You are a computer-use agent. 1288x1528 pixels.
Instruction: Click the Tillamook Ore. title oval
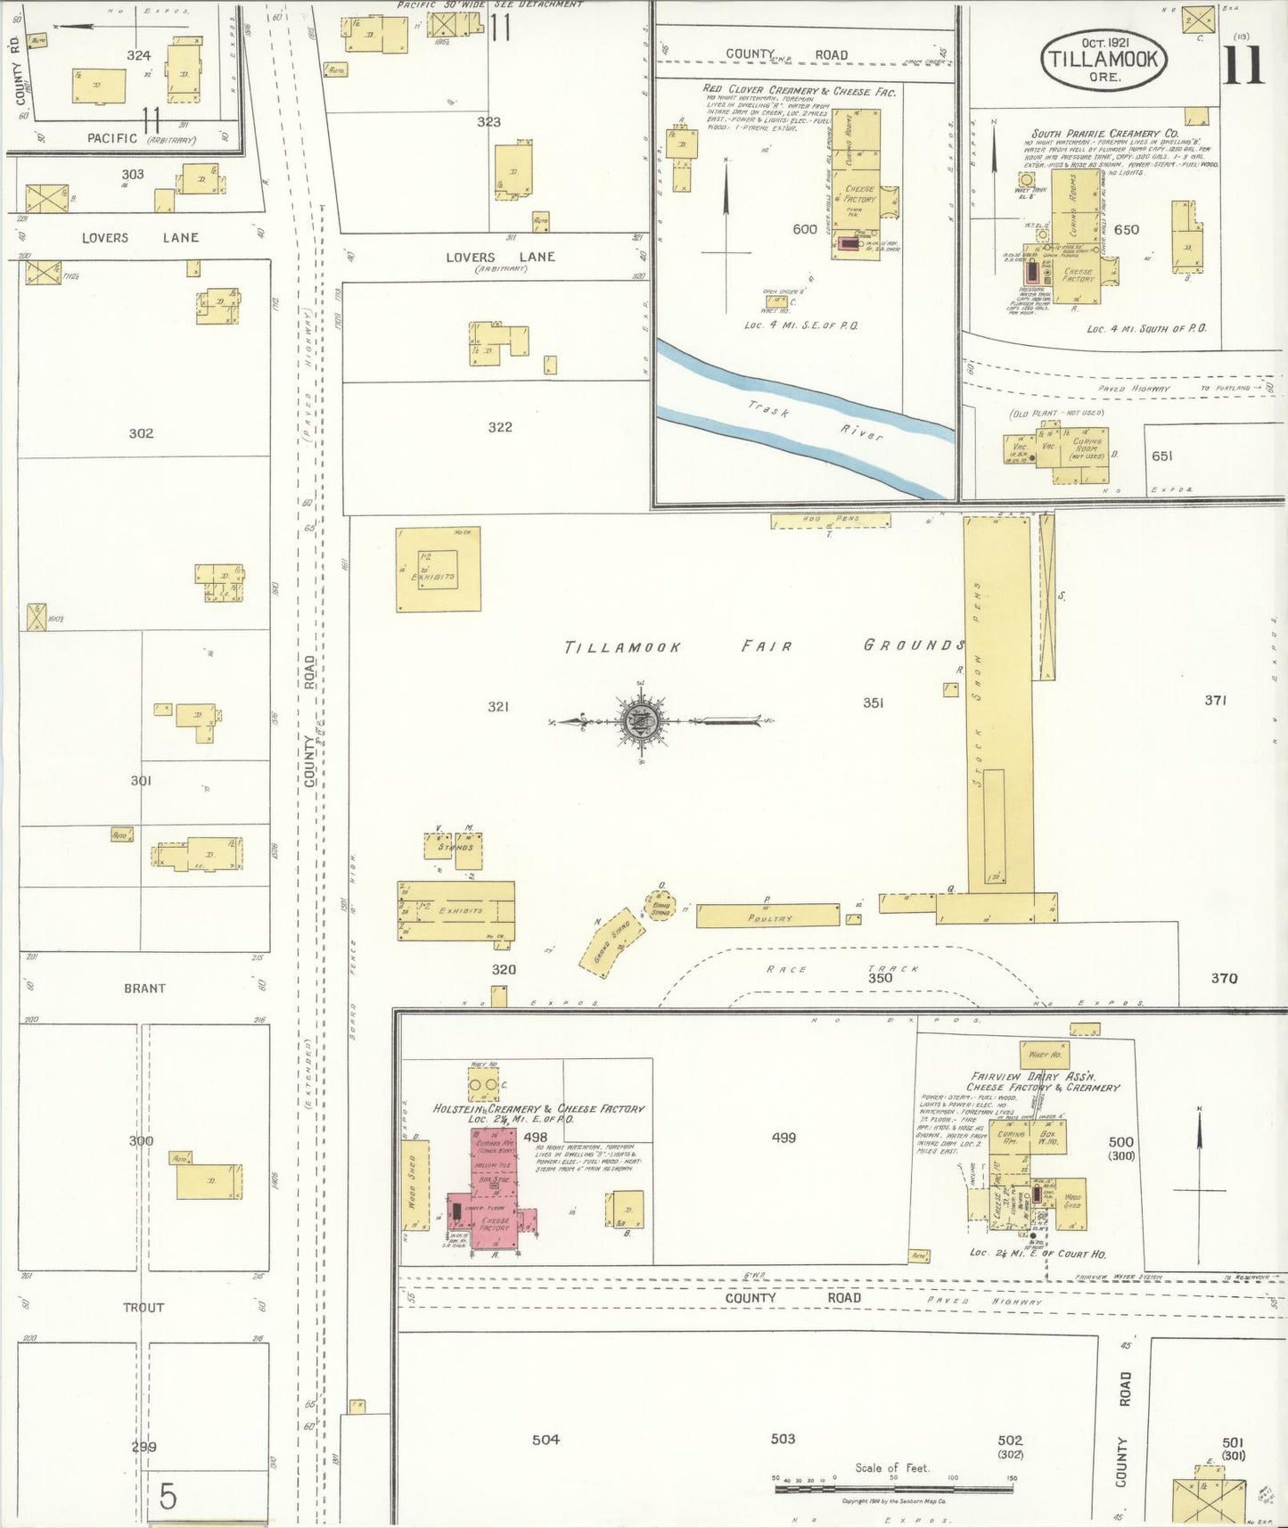coord(1103,58)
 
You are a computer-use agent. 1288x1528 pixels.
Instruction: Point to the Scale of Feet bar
coord(894,1487)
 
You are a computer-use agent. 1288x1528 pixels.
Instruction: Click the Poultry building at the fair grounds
coord(767,916)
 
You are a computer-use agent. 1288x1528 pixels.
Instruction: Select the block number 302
coord(141,433)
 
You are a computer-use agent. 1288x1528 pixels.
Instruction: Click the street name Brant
coord(144,988)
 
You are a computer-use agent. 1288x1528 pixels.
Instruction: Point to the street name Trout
coord(144,1307)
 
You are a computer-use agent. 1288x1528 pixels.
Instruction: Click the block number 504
coord(546,1439)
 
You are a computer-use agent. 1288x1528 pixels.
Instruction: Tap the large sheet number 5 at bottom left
coord(168,1496)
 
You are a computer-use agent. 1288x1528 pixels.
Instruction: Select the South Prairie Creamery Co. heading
coord(1104,134)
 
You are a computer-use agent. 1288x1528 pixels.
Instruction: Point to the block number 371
coord(1216,700)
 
